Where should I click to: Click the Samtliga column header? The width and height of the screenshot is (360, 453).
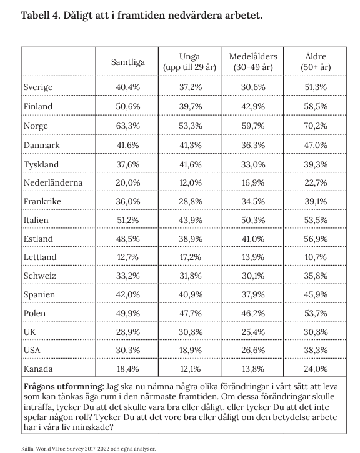pyautogui.click(x=128, y=62)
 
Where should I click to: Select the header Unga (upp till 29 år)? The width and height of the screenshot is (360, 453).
pyautogui.click(x=189, y=62)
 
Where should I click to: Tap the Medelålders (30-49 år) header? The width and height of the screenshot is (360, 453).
pyautogui.click(x=253, y=62)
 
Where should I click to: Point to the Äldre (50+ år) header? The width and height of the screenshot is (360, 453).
pyautogui.click(x=316, y=62)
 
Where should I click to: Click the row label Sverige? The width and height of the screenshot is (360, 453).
pyautogui.click(x=38, y=87)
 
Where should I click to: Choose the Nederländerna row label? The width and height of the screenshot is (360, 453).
pyautogui.click(x=53, y=182)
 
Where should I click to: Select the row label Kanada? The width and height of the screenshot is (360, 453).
pyautogui.click(x=38, y=369)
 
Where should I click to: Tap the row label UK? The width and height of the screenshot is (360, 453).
pyautogui.click(x=29, y=332)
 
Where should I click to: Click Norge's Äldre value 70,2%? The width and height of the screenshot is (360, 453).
pyautogui.click(x=316, y=126)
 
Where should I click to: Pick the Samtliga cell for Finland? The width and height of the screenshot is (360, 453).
pyautogui.click(x=128, y=107)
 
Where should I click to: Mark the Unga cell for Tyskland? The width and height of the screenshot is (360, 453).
pyautogui.click(x=191, y=165)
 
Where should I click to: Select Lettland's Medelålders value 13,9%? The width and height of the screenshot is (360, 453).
pyautogui.click(x=253, y=257)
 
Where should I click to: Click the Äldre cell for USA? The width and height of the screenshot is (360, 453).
pyautogui.click(x=316, y=351)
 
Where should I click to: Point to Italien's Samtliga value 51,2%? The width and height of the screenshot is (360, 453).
pyautogui.click(x=128, y=221)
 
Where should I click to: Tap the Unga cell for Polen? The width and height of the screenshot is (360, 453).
pyautogui.click(x=191, y=314)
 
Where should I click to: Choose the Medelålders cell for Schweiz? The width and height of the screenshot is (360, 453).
pyautogui.click(x=253, y=276)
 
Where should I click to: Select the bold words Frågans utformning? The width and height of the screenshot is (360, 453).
pyautogui.click(x=64, y=387)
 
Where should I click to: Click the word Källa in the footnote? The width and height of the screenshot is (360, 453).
pyautogui.click(x=27, y=449)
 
